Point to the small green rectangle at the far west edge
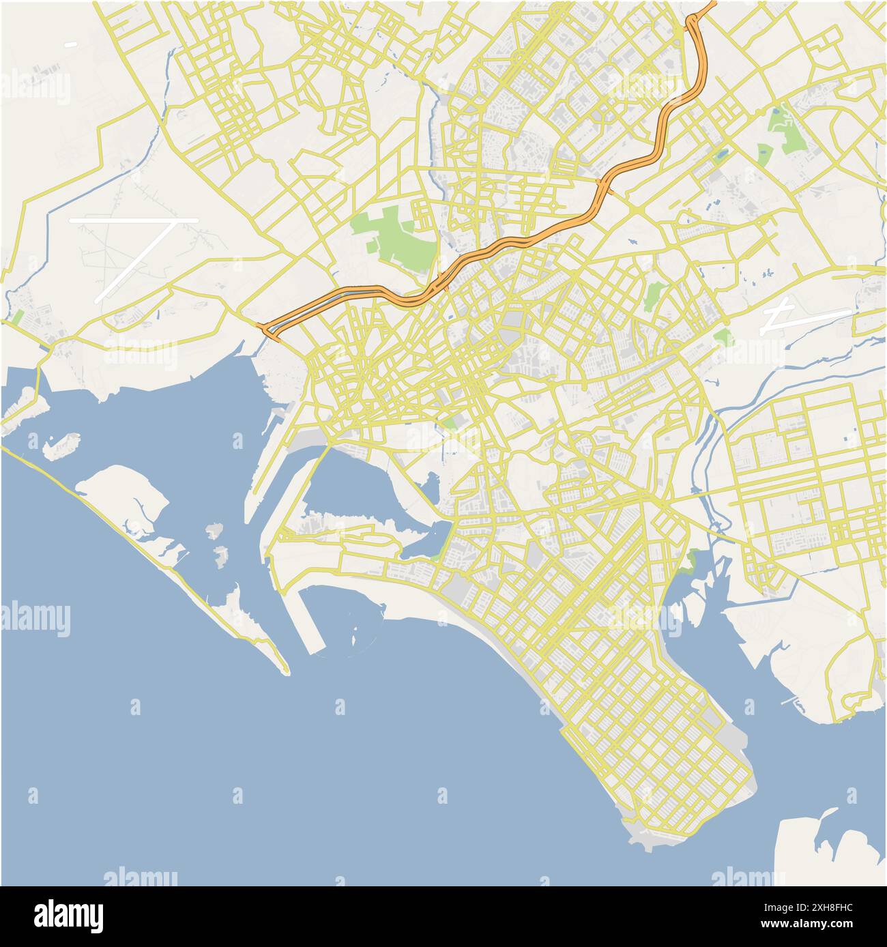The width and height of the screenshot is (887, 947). coord(18,317)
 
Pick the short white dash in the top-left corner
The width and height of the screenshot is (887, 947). coord(70,45)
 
